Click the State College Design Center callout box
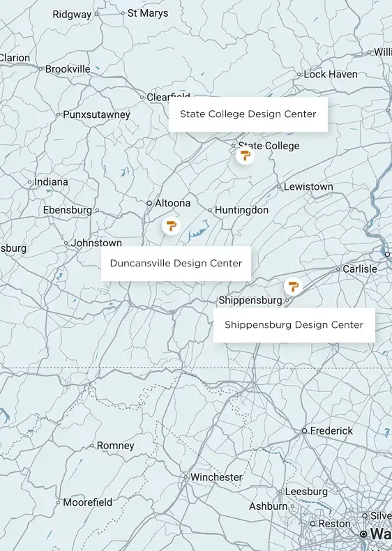(248, 114)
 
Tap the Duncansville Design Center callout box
(176, 264)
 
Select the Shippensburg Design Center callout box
(294, 325)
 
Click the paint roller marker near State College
(244, 156)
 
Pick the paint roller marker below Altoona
(170, 225)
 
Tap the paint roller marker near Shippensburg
(292, 287)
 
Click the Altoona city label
(172, 203)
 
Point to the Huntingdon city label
(241, 210)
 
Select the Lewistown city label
(308, 187)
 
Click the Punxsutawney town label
(96, 114)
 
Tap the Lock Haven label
(331, 74)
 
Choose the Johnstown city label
(96, 243)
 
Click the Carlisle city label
(360, 269)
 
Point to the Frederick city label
(331, 431)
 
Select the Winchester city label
(216, 478)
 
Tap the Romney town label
(116, 446)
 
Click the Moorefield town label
(88, 502)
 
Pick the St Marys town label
(148, 13)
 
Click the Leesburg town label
(306, 492)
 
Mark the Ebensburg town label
(67, 210)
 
